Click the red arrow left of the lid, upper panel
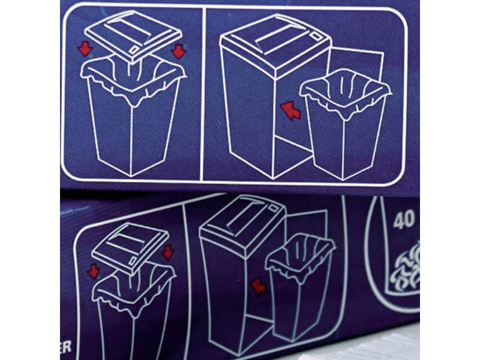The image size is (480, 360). click(x=85, y=47)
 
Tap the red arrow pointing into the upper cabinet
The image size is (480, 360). click(x=291, y=110)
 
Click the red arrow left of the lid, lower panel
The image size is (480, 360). click(x=94, y=271)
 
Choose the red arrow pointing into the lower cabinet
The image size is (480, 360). click(x=259, y=286)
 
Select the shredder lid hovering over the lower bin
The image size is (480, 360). click(x=129, y=246)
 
